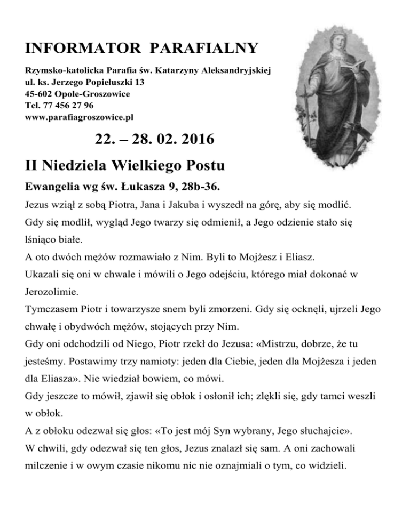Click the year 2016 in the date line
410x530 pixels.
193,140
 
